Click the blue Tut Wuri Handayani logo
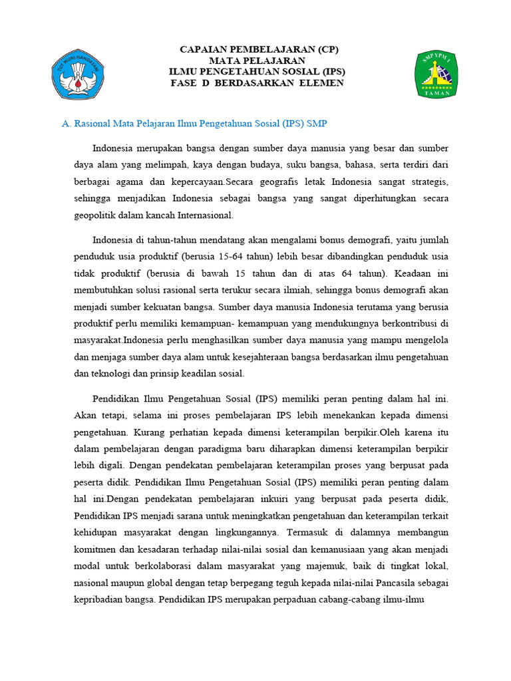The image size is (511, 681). [x=79, y=74]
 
